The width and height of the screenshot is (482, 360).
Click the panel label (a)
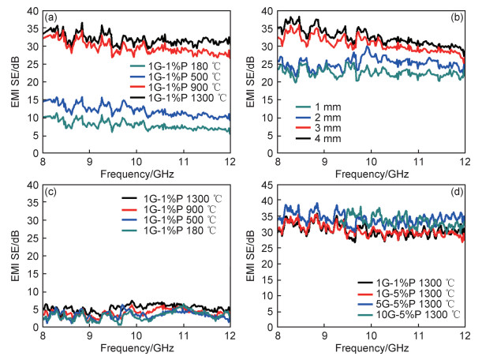click(53, 16)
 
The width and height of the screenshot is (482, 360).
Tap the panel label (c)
click(53, 194)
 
